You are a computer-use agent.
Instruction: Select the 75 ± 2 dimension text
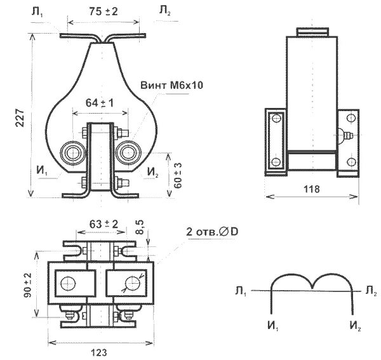pos(104,11)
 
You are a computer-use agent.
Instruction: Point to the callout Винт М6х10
pos(175,84)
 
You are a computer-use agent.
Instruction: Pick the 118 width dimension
pos(311,189)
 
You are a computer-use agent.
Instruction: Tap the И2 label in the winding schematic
pos(356,326)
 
